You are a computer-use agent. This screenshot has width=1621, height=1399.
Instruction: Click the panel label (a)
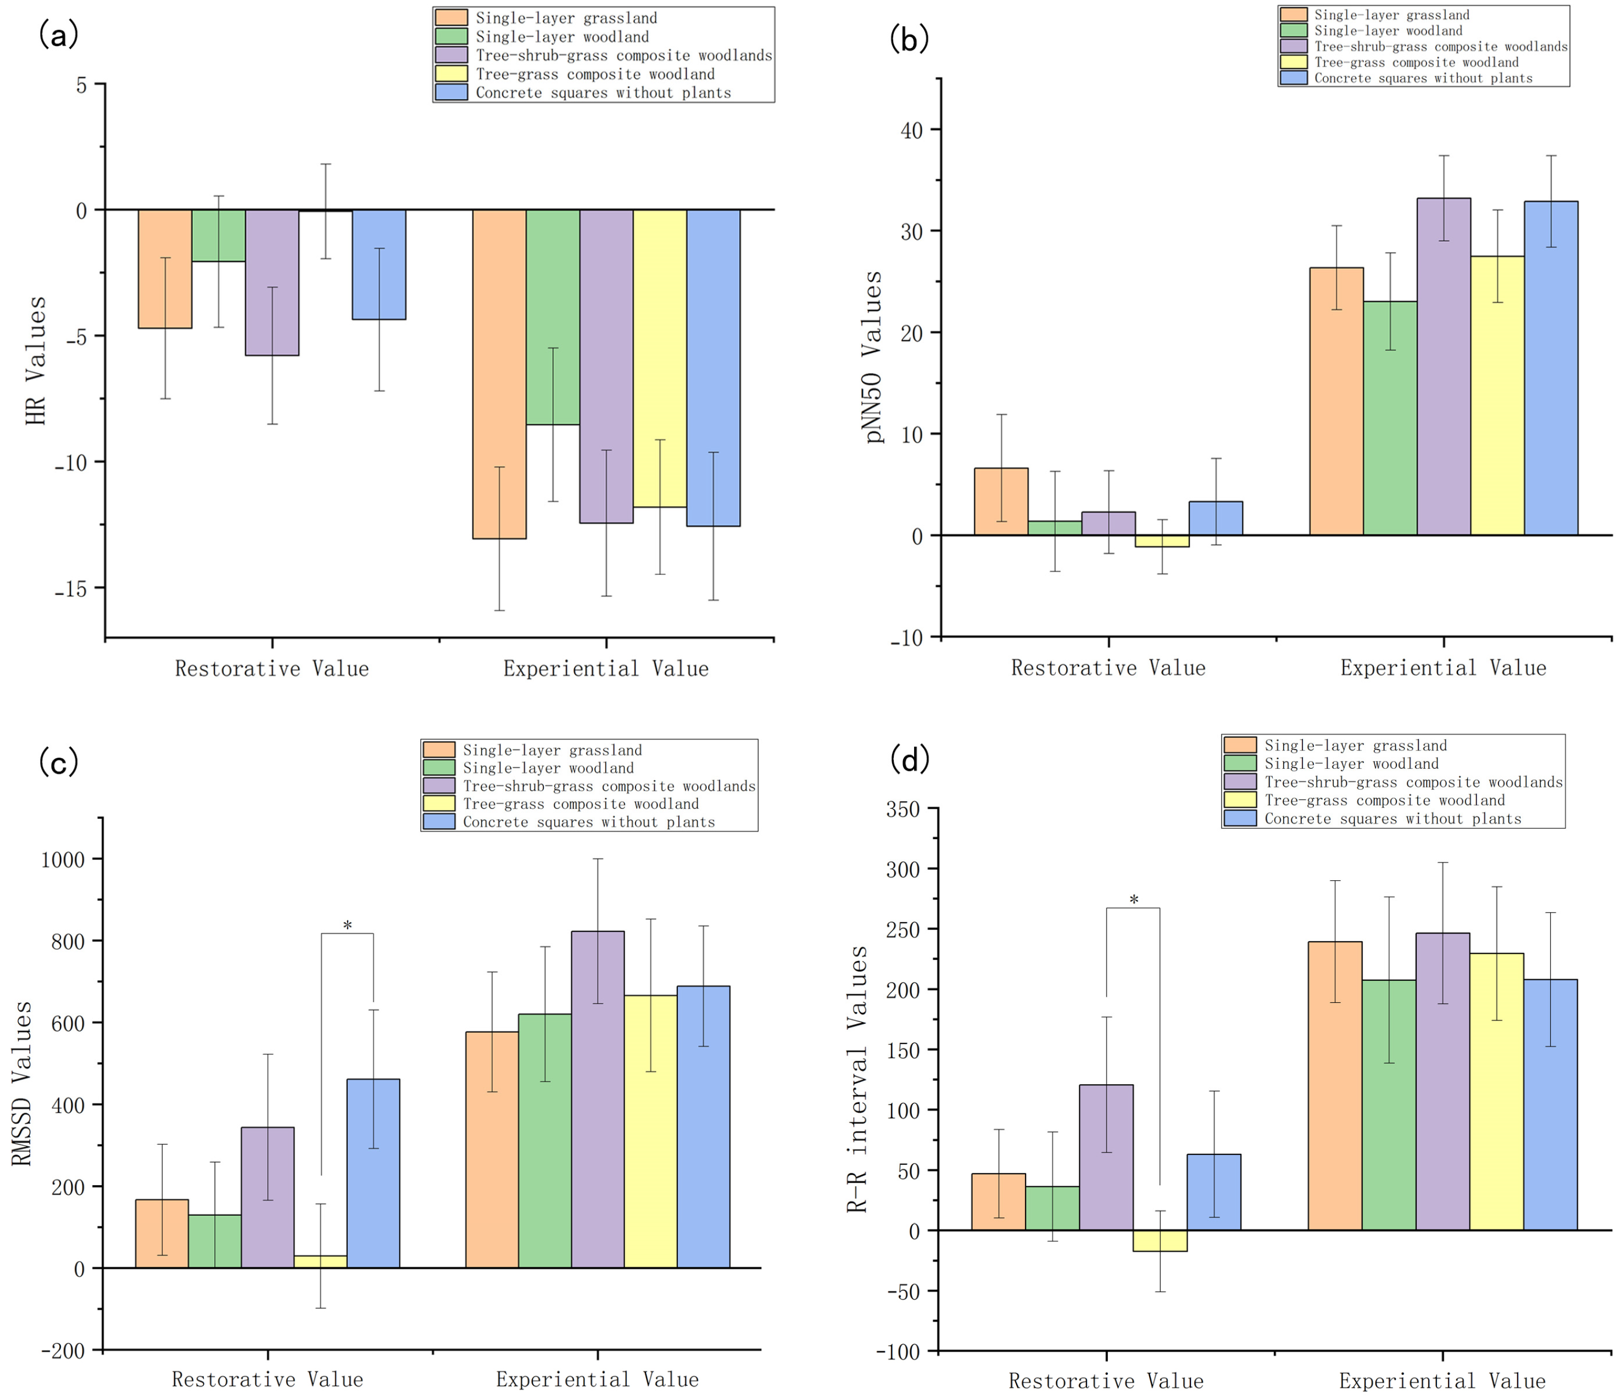(59, 35)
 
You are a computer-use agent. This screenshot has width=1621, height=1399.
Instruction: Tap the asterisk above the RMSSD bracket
(347, 926)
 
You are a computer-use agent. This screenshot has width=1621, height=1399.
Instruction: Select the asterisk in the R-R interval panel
(1134, 900)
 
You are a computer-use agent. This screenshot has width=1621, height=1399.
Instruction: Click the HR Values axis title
(36, 360)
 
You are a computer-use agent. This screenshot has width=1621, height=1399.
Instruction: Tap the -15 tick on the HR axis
(70, 589)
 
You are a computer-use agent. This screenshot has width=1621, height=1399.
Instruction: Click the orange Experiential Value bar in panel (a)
(499, 374)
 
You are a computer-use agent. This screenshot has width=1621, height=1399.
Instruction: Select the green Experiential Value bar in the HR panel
(553, 317)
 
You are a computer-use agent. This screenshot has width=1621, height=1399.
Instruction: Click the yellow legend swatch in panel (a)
(452, 74)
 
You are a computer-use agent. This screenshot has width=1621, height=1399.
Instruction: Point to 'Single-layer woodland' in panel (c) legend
(548, 768)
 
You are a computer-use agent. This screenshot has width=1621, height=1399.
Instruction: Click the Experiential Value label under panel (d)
(1442, 1381)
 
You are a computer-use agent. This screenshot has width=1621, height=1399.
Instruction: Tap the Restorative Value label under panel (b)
(1108, 668)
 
